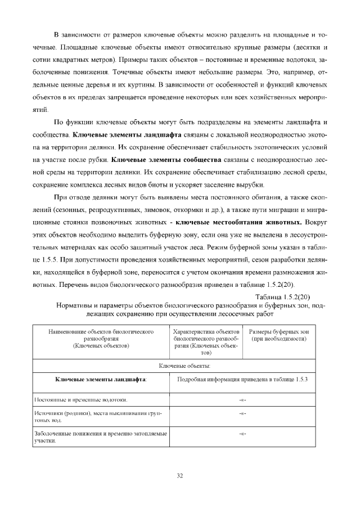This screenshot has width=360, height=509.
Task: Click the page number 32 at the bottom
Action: coord(180,476)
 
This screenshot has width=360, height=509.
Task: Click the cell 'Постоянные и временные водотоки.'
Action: coord(80,399)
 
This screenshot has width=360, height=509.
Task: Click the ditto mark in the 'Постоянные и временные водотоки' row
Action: coord(242,399)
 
